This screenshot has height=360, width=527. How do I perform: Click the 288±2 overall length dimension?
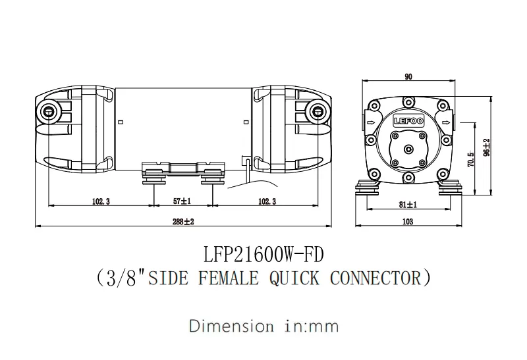pos(183,222)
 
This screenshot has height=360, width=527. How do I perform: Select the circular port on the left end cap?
pos(48,111)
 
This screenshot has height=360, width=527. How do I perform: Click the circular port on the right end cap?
pos(318,111)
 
